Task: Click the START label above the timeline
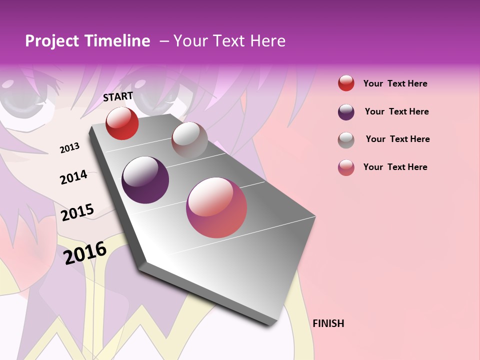[118, 96]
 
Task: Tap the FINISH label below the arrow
[328, 323]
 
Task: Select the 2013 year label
[69, 148]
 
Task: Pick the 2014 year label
[73, 177]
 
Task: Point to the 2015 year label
[77, 212]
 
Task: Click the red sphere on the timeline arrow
[122, 123]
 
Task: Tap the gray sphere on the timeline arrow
[189, 140]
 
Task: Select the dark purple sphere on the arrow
[145, 180]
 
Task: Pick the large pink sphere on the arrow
[216, 207]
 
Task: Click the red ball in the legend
[346, 83]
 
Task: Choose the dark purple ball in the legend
[346, 112]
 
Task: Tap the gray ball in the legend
[346, 140]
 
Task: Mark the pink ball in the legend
[346, 167]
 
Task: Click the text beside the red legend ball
[395, 83]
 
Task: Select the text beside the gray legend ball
[397, 139]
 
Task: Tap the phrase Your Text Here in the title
[229, 41]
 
